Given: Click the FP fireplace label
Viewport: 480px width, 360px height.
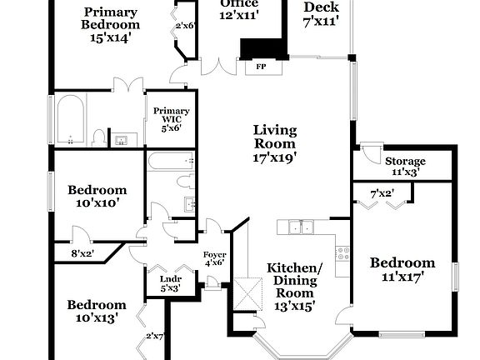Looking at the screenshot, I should pyautogui.click(x=260, y=67).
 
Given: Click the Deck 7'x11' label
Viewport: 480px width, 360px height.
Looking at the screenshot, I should pyautogui.click(x=321, y=14).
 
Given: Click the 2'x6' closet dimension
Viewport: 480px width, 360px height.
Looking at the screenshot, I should pyautogui.click(x=185, y=26).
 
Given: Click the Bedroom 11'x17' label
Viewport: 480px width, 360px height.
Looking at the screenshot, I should pyautogui.click(x=402, y=270).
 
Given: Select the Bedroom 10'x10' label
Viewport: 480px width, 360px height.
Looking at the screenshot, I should pyautogui.click(x=97, y=196).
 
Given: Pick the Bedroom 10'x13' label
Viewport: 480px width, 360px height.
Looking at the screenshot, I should pyautogui.click(x=97, y=311).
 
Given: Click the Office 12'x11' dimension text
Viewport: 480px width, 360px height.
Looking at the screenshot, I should pyautogui.click(x=239, y=14).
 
